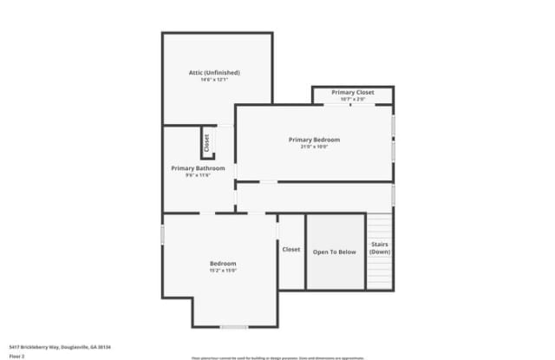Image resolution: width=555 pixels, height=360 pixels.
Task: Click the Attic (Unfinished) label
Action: pos(214,72)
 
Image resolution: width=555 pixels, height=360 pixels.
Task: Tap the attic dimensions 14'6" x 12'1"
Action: pos(214,80)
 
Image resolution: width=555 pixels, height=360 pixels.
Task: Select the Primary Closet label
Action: pos(353,92)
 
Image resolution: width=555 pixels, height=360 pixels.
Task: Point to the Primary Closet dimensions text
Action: pos(353,99)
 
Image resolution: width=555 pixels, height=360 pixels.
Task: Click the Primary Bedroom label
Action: pos(314,140)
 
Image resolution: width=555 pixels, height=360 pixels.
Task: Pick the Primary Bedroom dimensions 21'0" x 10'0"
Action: pos(314,147)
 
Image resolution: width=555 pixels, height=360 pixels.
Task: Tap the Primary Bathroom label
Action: pos(198,168)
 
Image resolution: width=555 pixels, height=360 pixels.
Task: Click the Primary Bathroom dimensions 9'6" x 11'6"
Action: pos(198,175)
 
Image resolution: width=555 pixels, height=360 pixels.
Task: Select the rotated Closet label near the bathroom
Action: pos(206,141)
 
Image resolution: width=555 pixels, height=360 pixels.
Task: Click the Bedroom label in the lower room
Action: pos(223,264)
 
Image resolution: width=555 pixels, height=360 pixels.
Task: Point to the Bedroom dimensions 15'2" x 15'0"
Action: pos(223,271)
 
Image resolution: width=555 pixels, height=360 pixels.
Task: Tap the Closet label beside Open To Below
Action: pos(291,250)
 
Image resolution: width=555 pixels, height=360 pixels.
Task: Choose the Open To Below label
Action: pos(335,252)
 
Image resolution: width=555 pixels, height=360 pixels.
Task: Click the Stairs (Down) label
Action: pos(380,248)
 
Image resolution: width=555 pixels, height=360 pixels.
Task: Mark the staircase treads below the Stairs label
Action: pos(380,273)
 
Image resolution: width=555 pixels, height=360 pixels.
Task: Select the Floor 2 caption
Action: pos(16,356)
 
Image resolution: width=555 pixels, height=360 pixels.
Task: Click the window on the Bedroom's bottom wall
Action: pos(233,326)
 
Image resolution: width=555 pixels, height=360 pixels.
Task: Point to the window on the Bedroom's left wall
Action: pos(163,234)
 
